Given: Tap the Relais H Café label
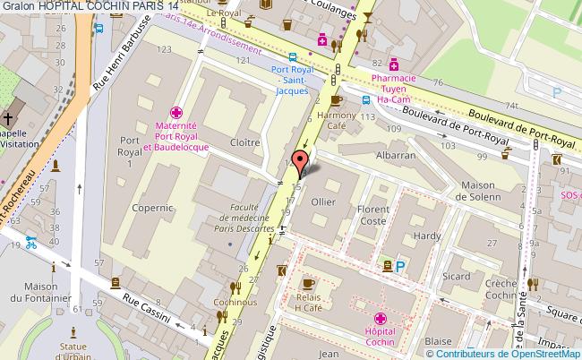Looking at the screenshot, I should tap(308, 302).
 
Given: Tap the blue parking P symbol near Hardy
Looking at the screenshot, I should tap(399, 265).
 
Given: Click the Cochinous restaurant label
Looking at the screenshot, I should tap(235, 303).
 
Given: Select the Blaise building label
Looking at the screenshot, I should tap(438, 341).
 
